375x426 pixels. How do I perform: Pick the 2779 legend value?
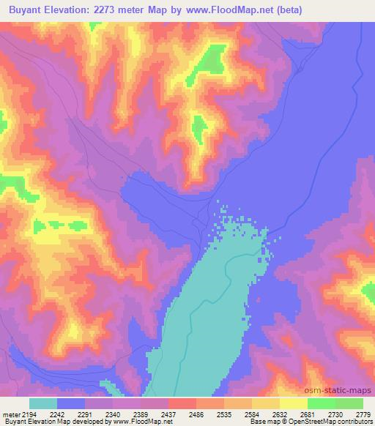click(363, 414)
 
